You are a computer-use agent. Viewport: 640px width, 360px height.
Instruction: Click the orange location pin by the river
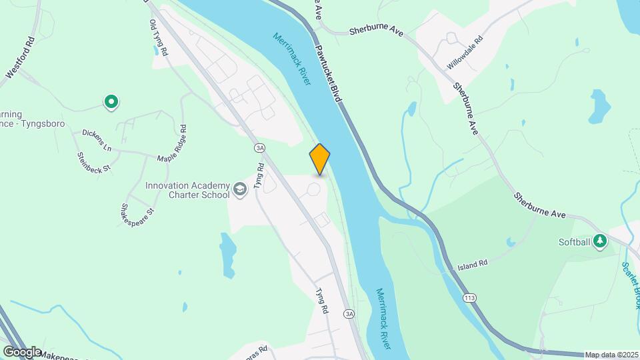320,159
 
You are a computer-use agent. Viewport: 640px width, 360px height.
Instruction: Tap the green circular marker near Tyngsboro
111,102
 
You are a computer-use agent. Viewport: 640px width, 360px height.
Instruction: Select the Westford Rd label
19,59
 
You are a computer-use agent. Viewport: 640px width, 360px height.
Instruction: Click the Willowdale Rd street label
464,59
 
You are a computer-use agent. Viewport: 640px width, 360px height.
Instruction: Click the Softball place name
574,242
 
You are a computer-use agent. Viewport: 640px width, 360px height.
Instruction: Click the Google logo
22,351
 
